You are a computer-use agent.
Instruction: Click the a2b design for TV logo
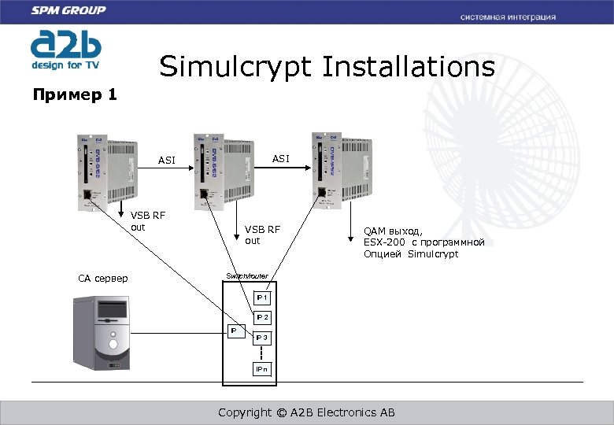coord(65,49)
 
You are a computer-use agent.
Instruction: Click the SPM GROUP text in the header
coord(68,10)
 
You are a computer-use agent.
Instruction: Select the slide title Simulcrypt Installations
coord(327,67)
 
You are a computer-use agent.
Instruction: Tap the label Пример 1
coord(75,95)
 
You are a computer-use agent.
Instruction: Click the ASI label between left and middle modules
coord(167,161)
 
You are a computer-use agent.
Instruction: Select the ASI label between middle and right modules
coord(281,158)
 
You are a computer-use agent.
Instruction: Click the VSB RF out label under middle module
coord(262,235)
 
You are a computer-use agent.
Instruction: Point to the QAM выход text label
coord(424,242)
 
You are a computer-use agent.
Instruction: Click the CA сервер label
coord(103,279)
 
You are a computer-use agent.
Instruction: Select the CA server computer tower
coord(102,334)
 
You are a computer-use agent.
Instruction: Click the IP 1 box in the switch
coord(262,298)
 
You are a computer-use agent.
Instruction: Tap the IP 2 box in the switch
coord(262,317)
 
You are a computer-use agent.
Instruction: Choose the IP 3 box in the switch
coord(262,338)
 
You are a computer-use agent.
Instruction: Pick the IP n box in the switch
coord(262,369)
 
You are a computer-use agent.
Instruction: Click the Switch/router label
coord(247,276)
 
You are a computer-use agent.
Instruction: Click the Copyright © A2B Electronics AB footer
coord(306,412)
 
